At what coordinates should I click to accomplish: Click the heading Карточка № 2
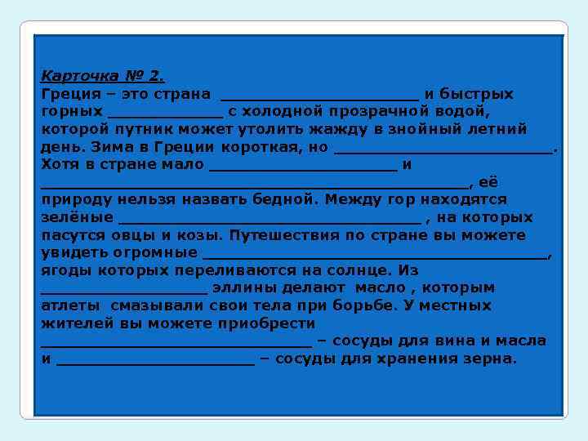(102, 76)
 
